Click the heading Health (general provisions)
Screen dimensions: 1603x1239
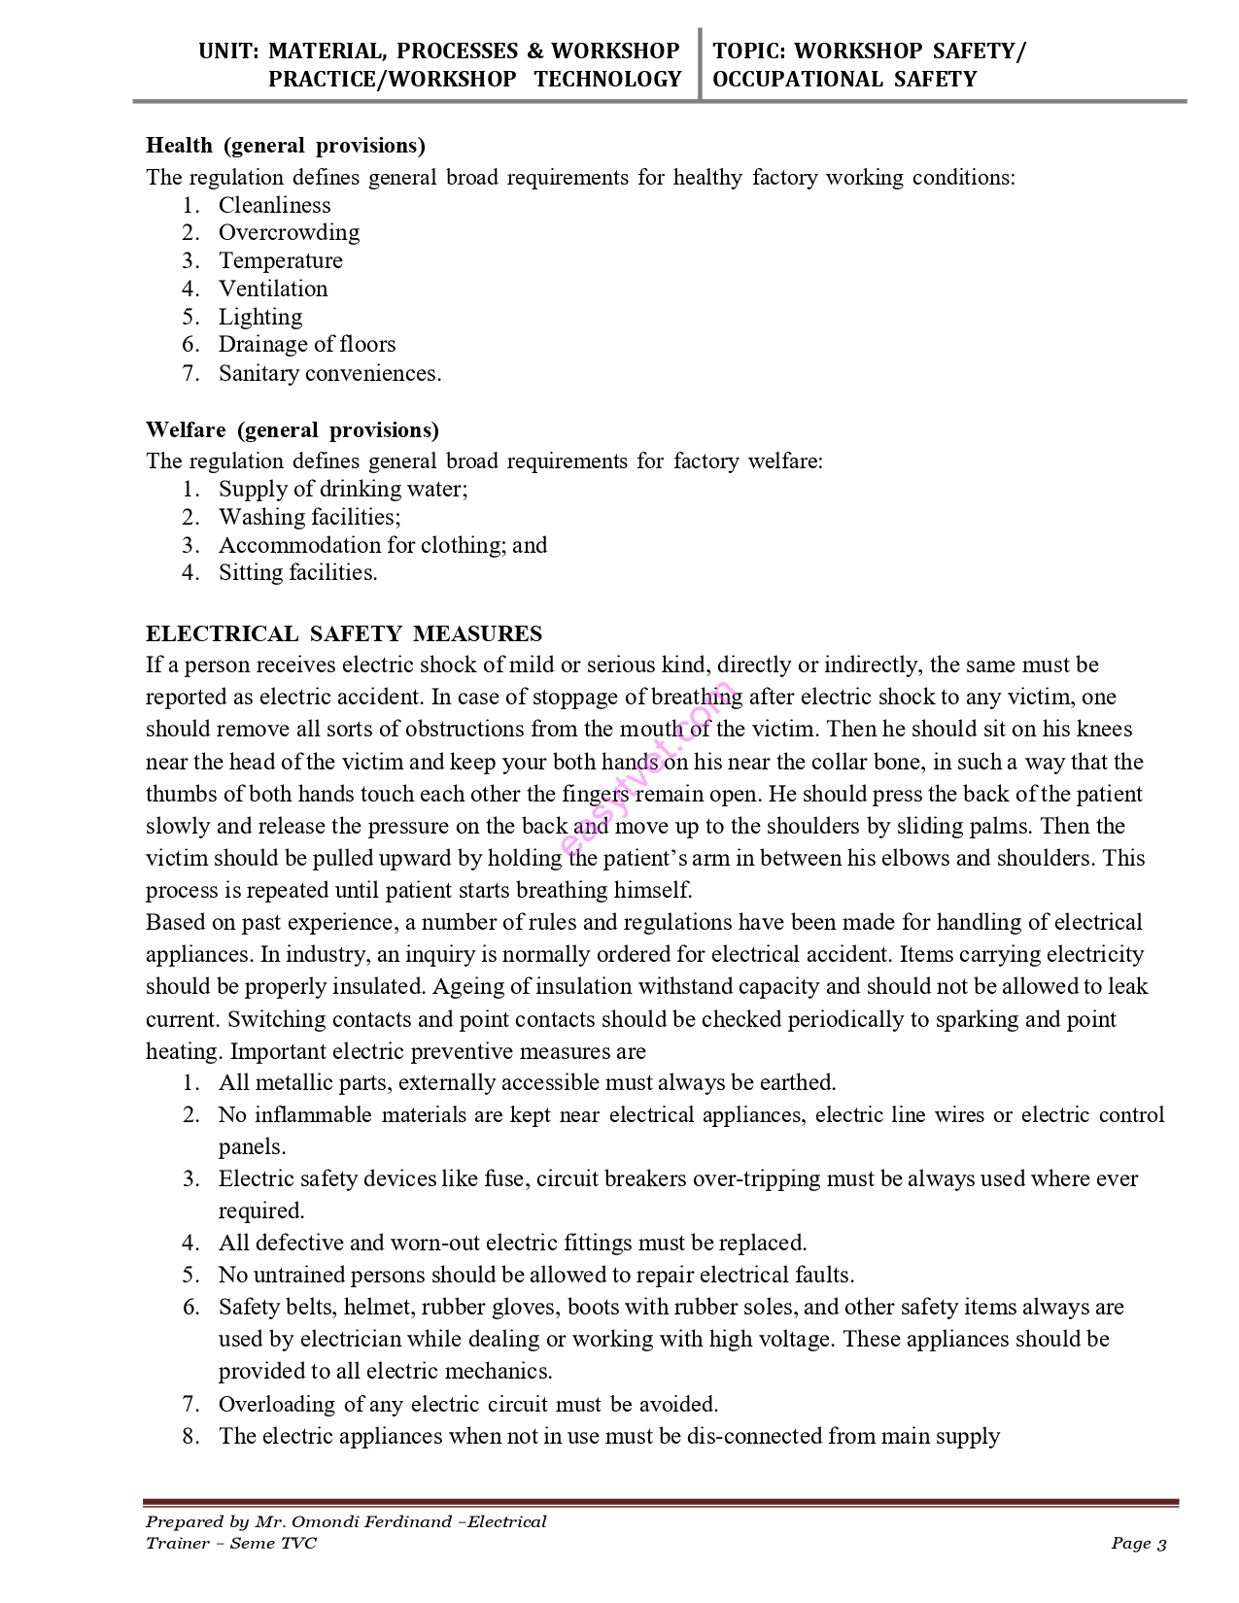285,146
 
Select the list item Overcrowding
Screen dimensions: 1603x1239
289,233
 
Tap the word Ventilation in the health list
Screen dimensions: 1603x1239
273,290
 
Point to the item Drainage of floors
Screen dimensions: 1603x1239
307,345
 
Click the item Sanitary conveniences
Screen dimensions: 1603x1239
329,374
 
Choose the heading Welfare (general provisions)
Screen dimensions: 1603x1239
292,430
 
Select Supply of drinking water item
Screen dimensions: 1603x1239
342,490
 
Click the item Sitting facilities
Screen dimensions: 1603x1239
297,573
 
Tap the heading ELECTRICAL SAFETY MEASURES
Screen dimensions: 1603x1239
344,634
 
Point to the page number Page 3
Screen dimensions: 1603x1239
1139,1544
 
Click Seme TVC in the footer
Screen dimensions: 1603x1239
273,1544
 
